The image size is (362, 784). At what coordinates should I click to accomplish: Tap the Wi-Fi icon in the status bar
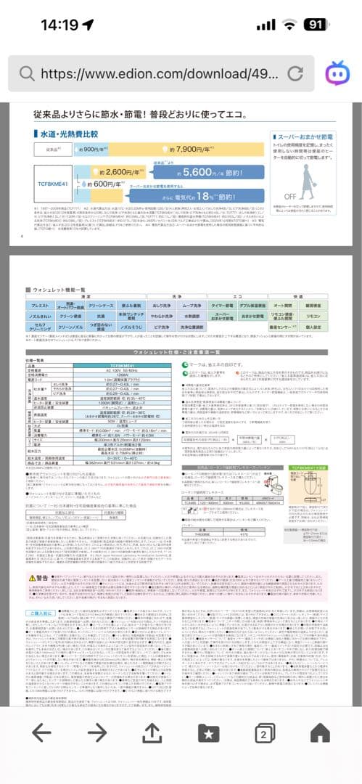289,24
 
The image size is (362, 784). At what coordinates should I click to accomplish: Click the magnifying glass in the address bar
27,73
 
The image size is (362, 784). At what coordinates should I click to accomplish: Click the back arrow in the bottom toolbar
41,732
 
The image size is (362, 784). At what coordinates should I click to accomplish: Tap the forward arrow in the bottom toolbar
96,732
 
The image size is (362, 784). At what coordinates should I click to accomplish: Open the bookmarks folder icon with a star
209,733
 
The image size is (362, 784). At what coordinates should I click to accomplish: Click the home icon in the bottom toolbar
320,732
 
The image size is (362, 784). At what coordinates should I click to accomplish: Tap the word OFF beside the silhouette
290,196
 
